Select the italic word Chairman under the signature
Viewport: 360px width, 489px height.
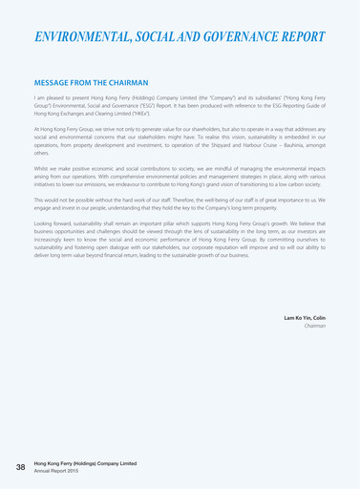point(316,326)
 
